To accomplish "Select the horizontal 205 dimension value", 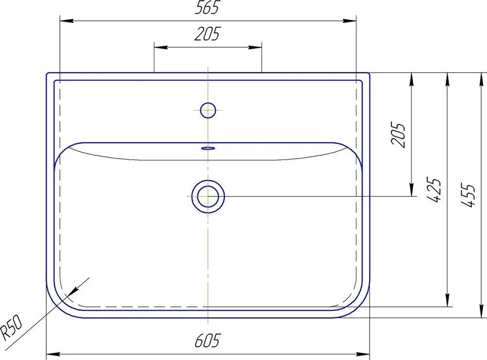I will coord(207,34).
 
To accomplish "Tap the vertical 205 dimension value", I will coord(398,134).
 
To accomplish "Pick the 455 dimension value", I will coord(468,195).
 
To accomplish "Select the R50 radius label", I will coord(11,327).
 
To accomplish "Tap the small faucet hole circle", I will coord(208,110).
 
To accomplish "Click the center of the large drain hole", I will coord(208,196).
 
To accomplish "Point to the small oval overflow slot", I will coord(208,147).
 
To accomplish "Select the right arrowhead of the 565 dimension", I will coord(350,21).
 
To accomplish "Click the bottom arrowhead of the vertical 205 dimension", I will coord(412,189).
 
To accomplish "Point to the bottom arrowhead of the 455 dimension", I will coord(479,311).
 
